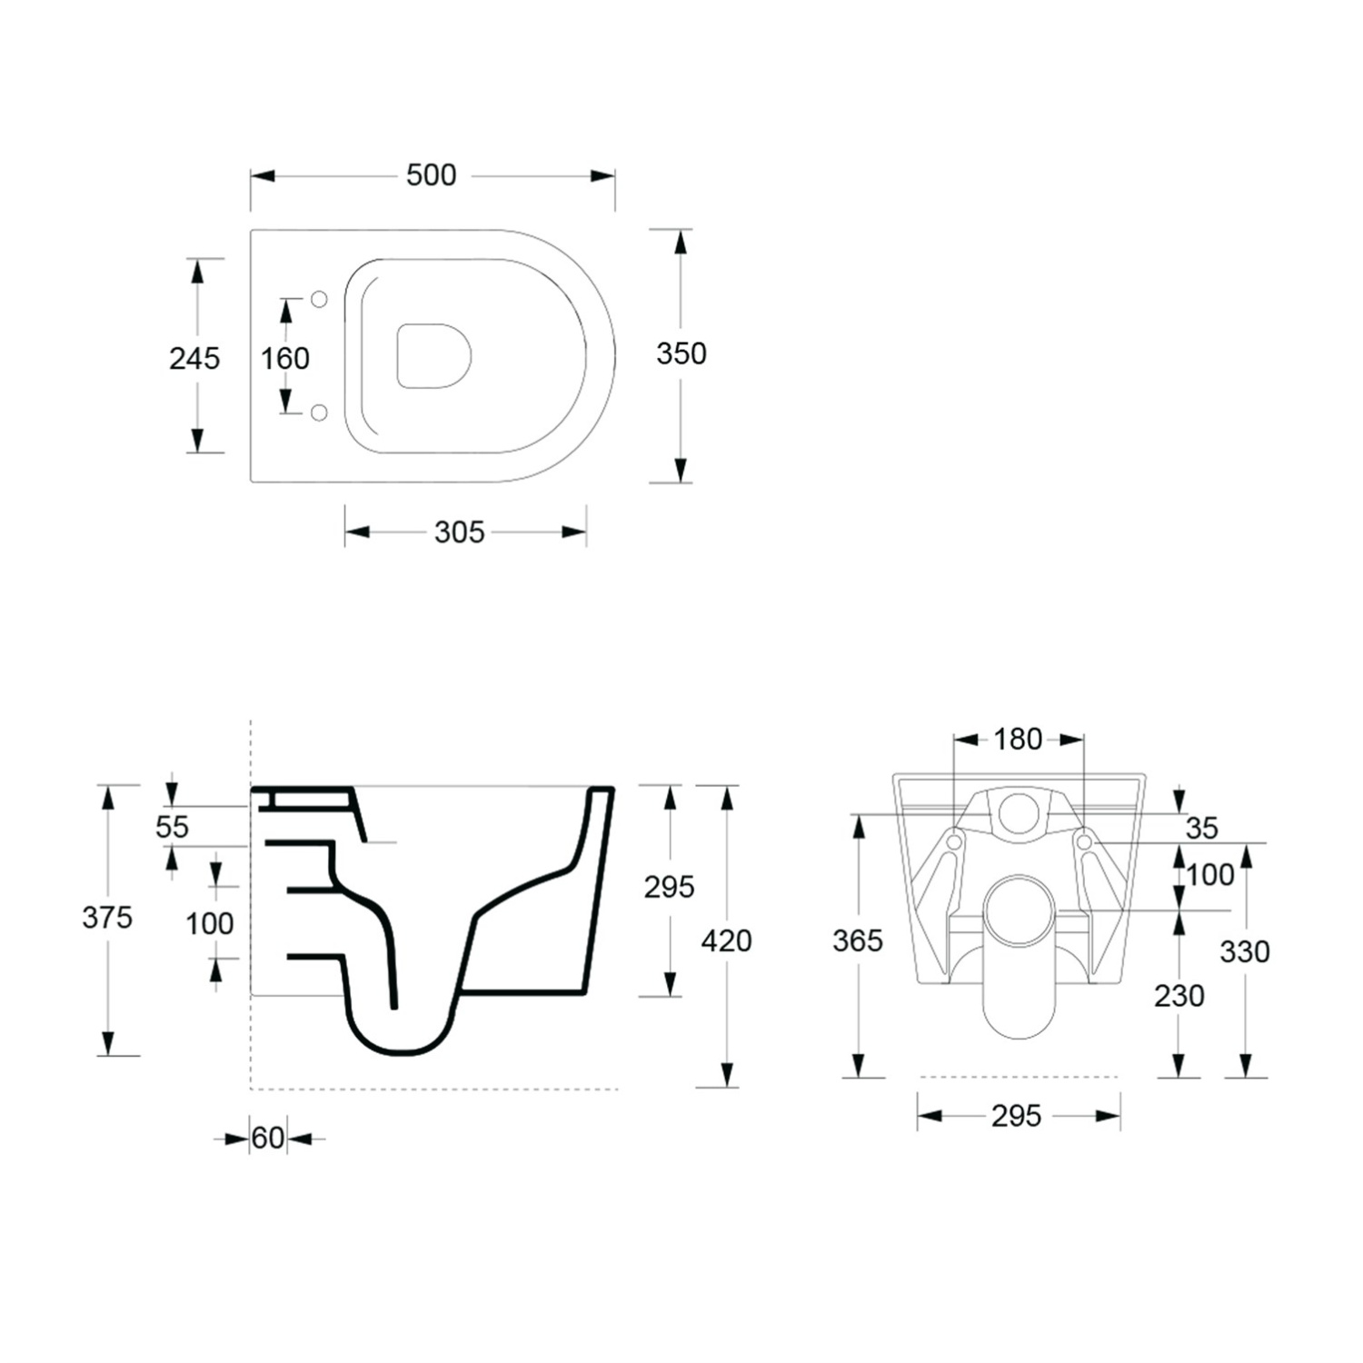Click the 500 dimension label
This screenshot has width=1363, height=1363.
431,175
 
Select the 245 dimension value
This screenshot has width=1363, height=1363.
194,359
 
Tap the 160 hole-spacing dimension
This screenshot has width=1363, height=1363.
285,359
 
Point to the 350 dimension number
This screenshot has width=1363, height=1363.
681,353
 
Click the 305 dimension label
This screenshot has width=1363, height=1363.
460,532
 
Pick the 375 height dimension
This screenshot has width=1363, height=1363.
107,918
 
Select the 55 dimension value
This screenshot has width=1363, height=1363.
172,827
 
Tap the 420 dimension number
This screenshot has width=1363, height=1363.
727,941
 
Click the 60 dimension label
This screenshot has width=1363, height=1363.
268,1138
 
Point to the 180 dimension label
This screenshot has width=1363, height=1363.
1018,740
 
